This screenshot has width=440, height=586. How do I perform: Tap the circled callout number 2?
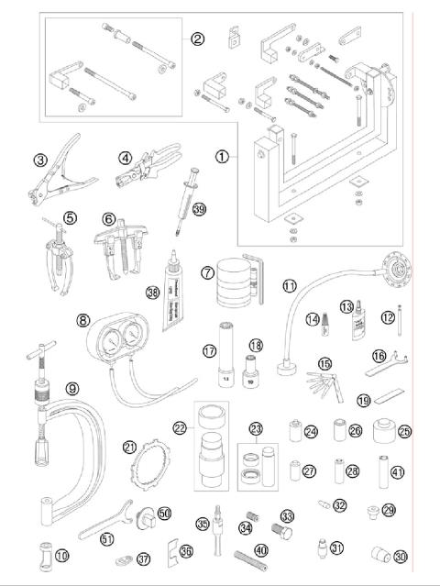[196, 39]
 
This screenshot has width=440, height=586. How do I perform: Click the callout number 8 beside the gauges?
[83, 321]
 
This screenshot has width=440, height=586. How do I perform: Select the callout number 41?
[397, 472]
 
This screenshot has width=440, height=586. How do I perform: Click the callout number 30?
[401, 558]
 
